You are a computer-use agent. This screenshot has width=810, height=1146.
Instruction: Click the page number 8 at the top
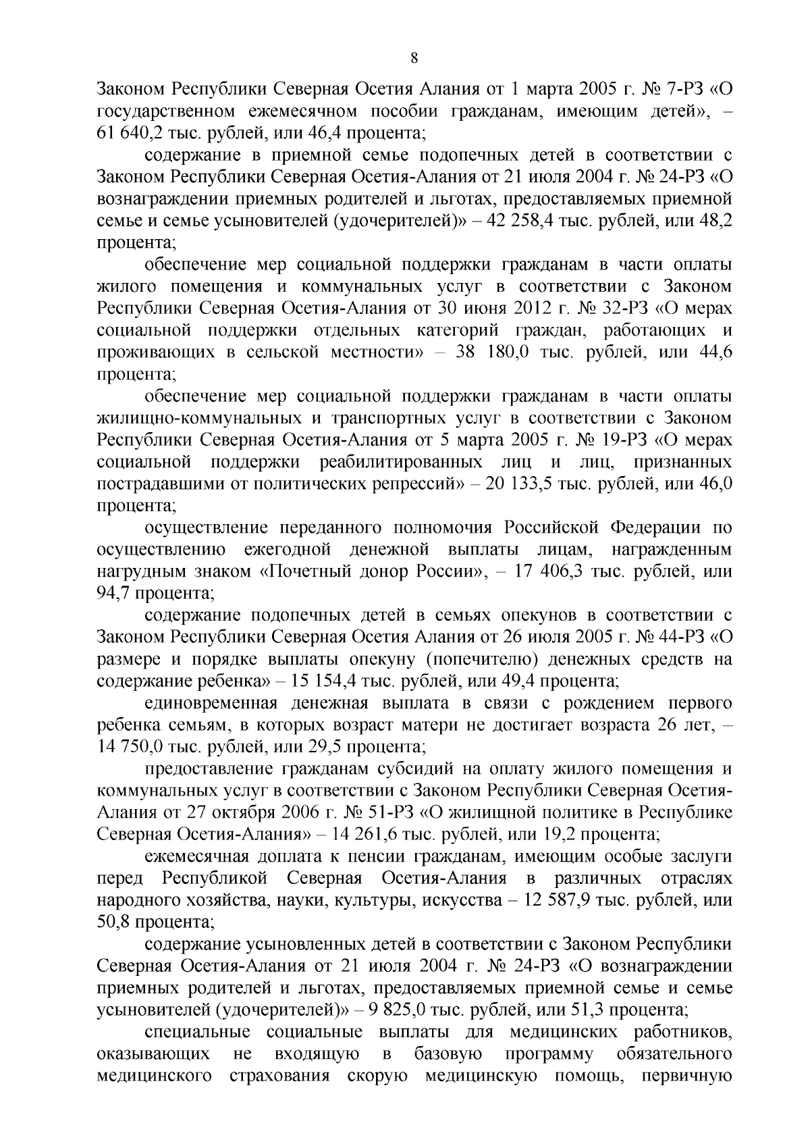[x=414, y=59]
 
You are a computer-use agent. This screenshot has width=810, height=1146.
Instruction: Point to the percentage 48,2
[x=717, y=221]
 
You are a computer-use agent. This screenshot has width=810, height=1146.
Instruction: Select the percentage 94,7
[x=117, y=593]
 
